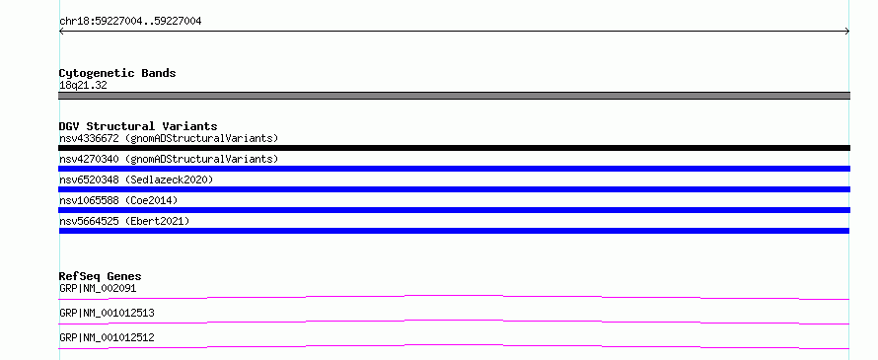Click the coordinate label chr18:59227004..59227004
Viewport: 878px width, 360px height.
coord(130,22)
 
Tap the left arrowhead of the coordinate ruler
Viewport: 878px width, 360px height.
coord(60,32)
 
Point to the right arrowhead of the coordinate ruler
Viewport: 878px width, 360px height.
coord(848,32)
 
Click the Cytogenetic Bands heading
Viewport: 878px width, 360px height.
coord(117,73)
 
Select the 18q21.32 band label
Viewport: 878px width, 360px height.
coord(83,86)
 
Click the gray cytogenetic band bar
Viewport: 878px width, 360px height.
coord(454,96)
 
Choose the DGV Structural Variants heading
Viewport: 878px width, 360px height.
coord(138,126)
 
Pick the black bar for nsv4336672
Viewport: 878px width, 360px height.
coord(454,148)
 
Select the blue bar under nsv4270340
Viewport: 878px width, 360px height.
coord(454,169)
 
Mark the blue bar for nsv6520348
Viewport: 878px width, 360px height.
coord(454,189)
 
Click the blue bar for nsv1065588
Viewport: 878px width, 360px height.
coord(454,210)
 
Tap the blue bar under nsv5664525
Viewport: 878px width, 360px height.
coord(454,231)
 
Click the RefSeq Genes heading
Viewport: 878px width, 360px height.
coord(101,276)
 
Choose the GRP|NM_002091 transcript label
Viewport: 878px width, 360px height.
coord(98,289)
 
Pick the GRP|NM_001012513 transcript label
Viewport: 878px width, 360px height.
coord(107,313)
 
